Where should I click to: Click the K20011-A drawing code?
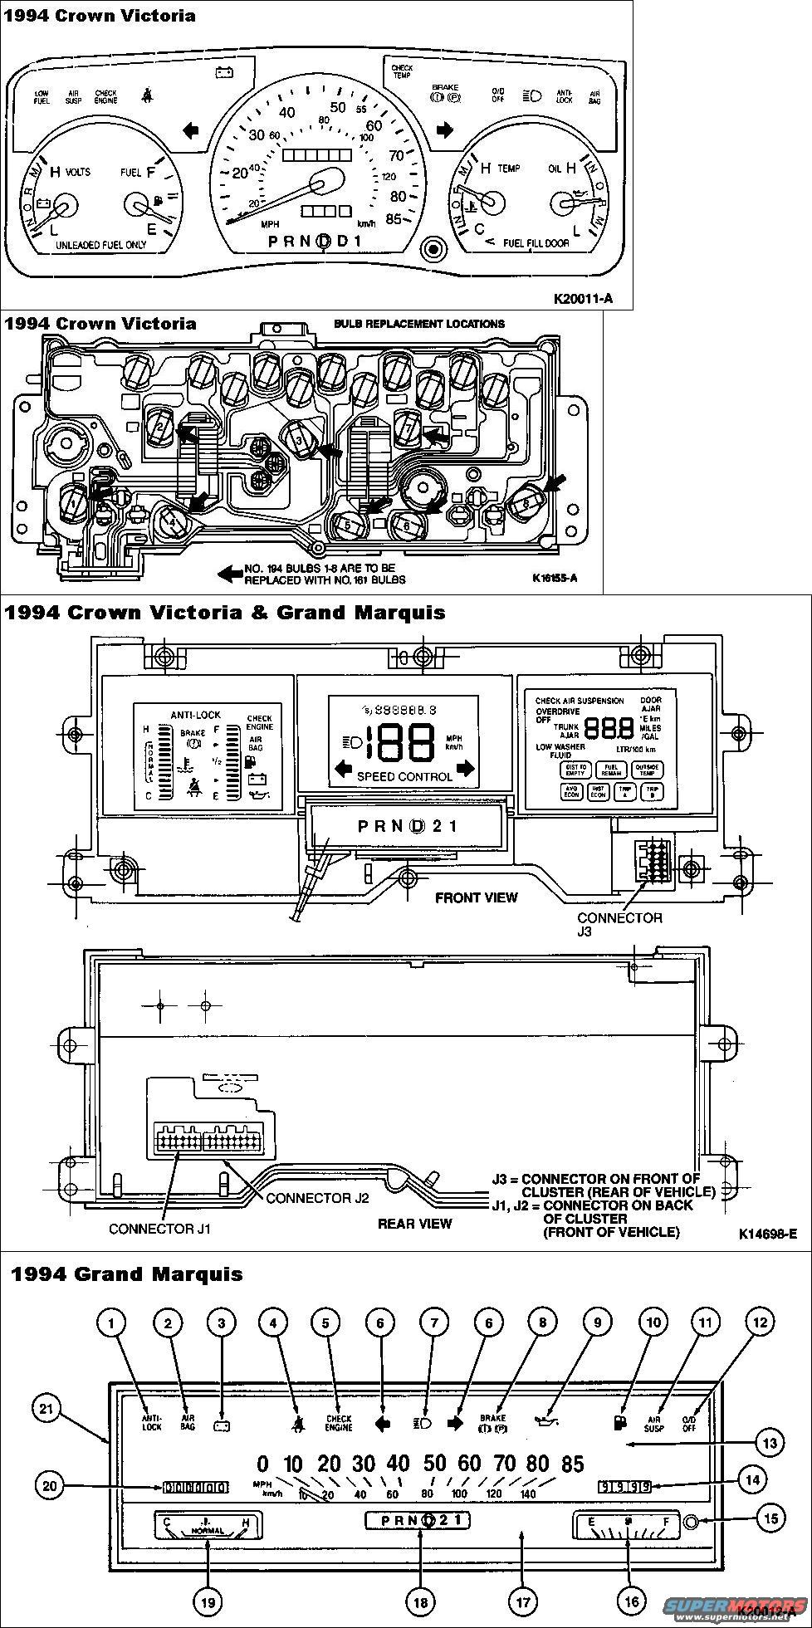click(583, 298)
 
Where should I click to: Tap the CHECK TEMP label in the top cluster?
click(402, 71)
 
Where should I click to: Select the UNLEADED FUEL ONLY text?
click(100, 246)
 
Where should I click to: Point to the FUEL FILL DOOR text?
click(537, 243)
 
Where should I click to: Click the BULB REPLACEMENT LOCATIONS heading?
click(419, 324)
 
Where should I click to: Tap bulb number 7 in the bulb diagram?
click(408, 427)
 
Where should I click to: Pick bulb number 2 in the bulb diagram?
click(158, 426)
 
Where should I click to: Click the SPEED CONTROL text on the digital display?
click(404, 776)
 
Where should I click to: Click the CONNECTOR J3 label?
click(619, 923)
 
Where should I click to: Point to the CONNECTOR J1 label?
click(159, 1228)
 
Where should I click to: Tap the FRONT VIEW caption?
click(476, 897)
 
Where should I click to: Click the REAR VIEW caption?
click(414, 1223)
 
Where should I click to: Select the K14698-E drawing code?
click(767, 1234)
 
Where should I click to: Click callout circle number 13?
click(770, 1443)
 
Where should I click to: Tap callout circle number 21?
click(46, 1407)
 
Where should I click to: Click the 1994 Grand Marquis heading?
click(126, 1274)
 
